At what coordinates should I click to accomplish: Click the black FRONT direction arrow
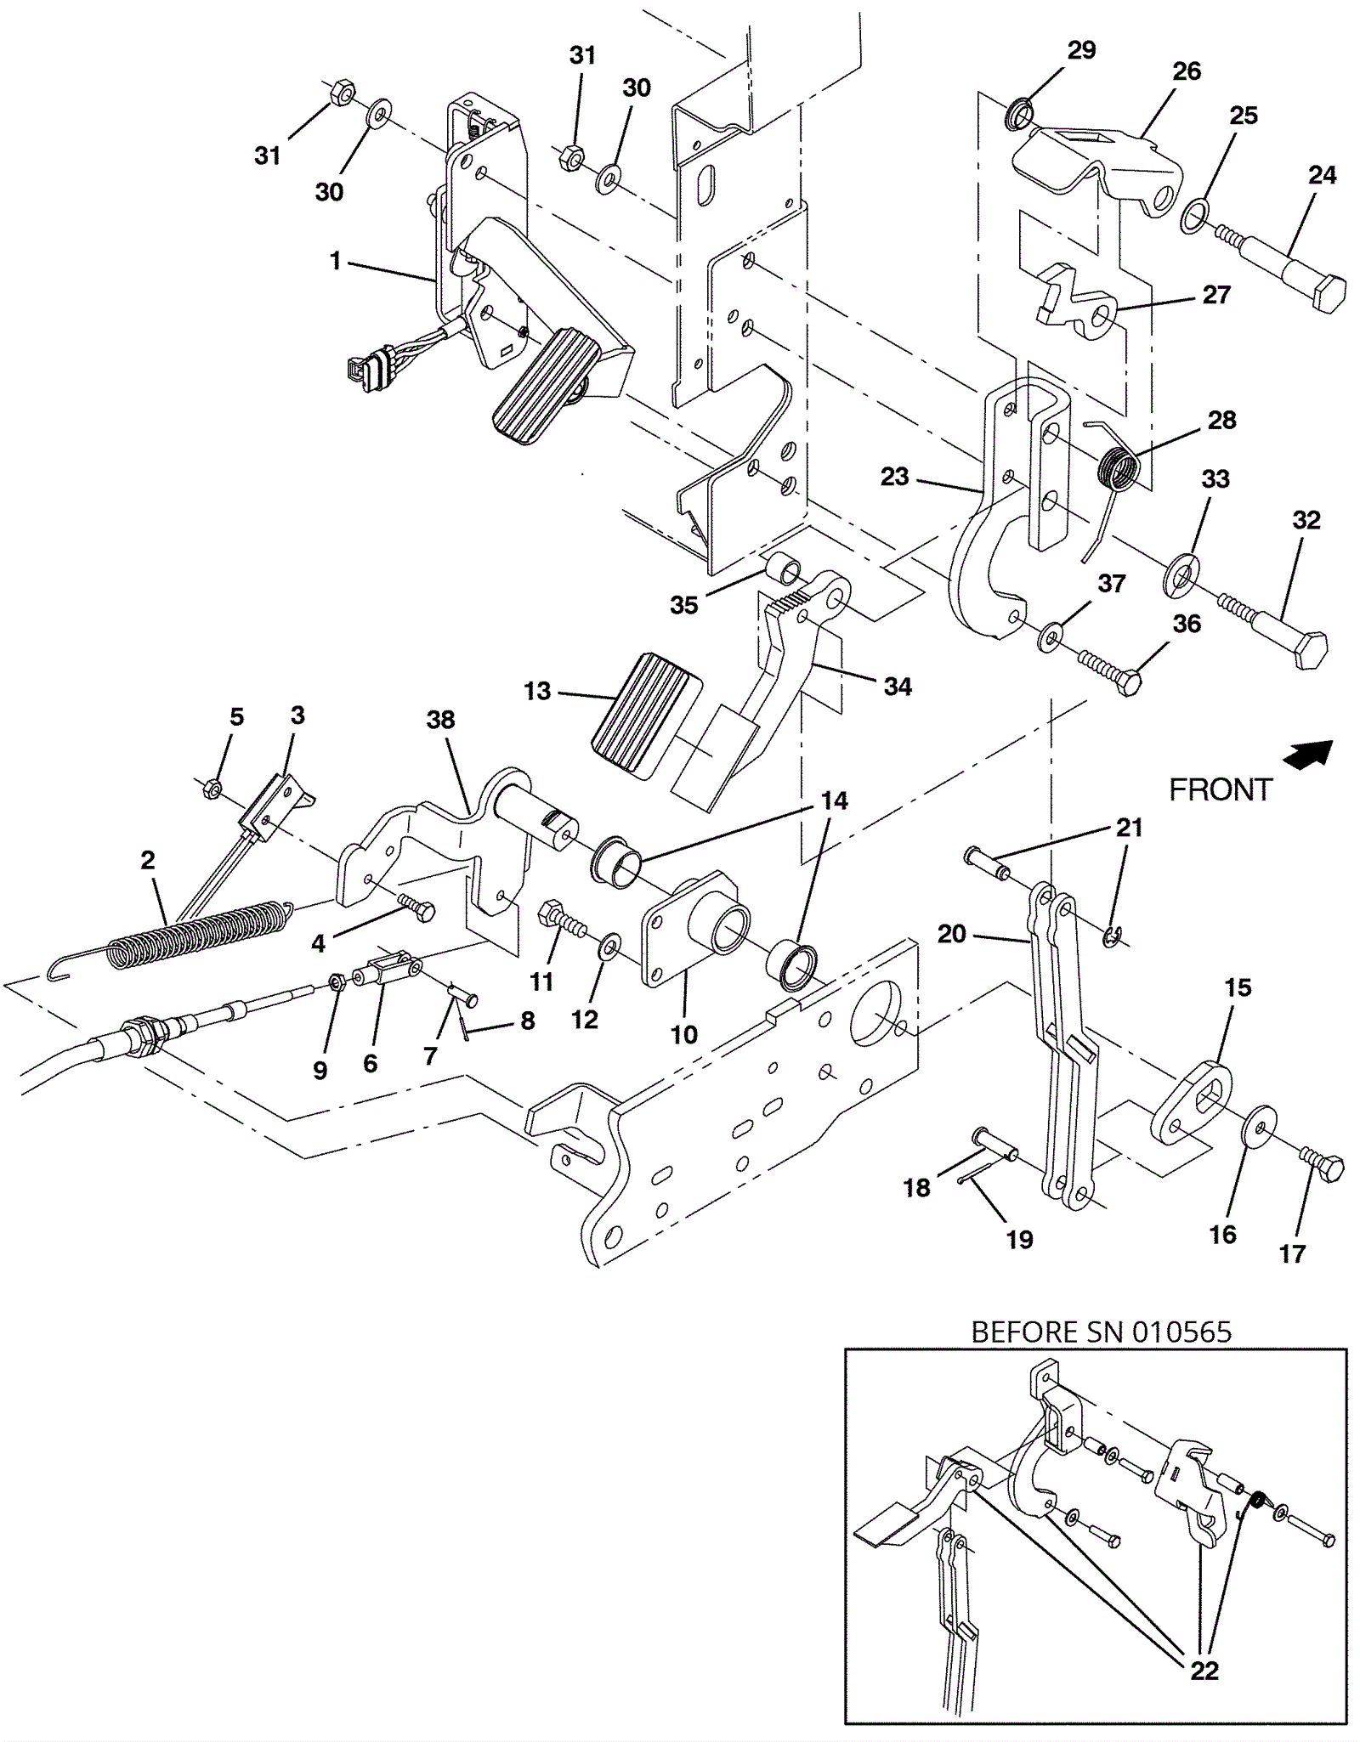(x=1308, y=754)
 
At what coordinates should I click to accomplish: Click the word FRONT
(x=1221, y=790)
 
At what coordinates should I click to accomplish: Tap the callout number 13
(x=537, y=691)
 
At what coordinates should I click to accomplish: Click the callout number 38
(x=440, y=720)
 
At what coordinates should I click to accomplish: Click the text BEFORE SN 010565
(x=1101, y=1332)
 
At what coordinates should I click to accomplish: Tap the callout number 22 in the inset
(x=1204, y=1671)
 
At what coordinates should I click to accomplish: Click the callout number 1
(x=336, y=260)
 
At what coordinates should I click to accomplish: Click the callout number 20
(x=952, y=935)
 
